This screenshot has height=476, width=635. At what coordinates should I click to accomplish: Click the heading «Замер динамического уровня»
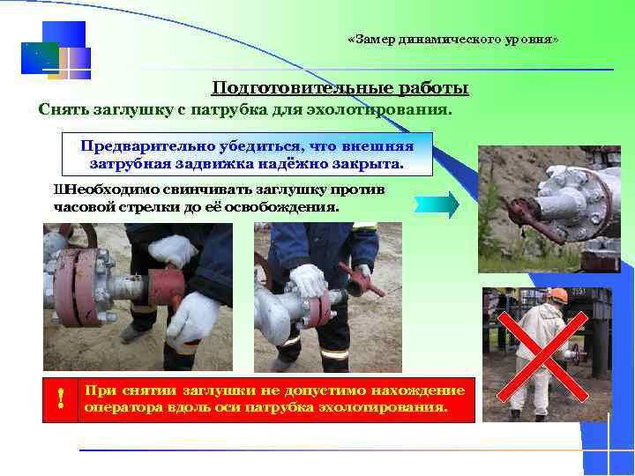click(453, 41)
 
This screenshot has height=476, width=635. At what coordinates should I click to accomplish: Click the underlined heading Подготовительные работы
click(340, 88)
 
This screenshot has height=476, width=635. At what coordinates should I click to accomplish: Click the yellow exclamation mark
click(60, 399)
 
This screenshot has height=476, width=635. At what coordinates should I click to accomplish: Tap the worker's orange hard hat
click(557, 294)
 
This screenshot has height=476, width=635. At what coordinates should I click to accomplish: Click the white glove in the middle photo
click(309, 280)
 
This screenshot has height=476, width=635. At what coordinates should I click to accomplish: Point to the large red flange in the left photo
click(74, 287)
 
